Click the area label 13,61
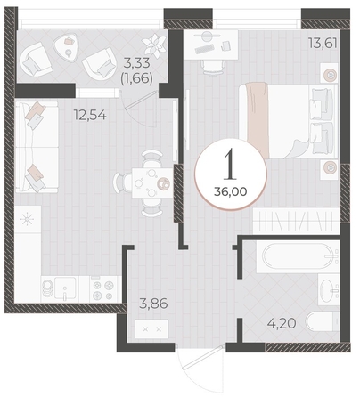[323, 44]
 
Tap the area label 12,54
[90, 116]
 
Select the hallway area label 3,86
[153, 304]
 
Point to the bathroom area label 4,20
[282, 323]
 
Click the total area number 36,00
[230, 192]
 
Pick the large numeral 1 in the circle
[230, 164]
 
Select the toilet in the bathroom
[323, 321]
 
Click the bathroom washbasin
[329, 289]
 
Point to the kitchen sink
[65, 288]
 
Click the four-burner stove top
[103, 290]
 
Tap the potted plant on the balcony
[154, 45]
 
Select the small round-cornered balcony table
[67, 46]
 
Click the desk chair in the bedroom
[213, 67]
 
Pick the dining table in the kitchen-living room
[152, 182]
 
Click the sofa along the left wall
[37, 147]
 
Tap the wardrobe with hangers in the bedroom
[297, 221]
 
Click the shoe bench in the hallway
[151, 328]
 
